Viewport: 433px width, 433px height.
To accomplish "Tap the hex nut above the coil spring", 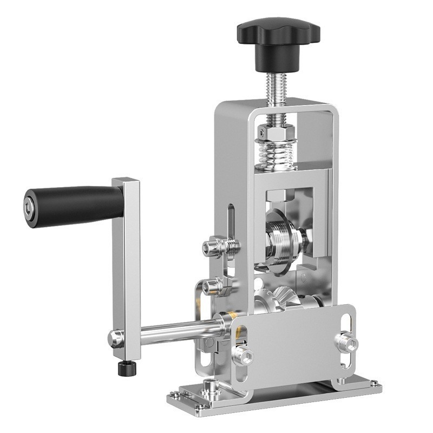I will point(275,131).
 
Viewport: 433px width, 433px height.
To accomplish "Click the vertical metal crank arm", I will point(127,260).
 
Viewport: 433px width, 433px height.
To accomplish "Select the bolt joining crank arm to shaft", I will point(115,339).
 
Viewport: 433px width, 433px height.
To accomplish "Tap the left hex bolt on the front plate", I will point(243,355).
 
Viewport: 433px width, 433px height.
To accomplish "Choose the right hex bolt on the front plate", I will point(346,342).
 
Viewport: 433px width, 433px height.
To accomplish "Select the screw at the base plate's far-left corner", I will point(174,395).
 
